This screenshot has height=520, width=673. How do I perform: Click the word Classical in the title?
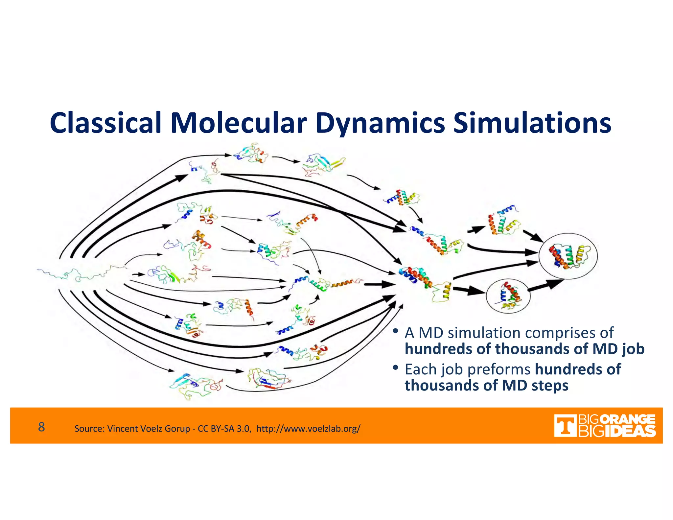click(x=105, y=123)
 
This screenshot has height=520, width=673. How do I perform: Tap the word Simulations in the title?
click(x=532, y=123)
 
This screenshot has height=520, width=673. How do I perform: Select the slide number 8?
click(x=41, y=427)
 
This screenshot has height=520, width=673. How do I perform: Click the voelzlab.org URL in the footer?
click(x=308, y=429)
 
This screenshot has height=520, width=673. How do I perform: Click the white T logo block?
click(x=565, y=426)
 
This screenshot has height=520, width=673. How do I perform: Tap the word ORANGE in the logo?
click(x=629, y=420)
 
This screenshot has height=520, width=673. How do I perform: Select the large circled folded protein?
click(x=568, y=256)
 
